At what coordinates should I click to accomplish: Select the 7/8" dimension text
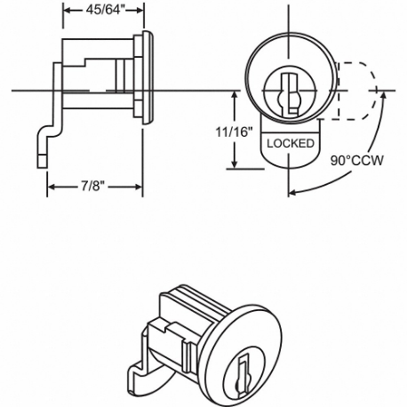pyautogui.click(x=95, y=188)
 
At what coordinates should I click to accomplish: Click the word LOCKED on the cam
pyautogui.click(x=287, y=141)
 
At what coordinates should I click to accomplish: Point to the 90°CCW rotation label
pyautogui.click(x=353, y=163)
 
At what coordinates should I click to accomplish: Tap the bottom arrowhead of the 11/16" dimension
pyautogui.click(x=235, y=166)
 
